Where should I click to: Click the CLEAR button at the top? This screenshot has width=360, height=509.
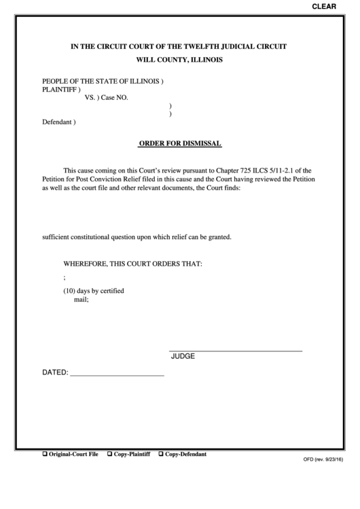point(323,6)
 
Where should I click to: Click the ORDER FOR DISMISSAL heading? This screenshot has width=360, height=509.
point(180,144)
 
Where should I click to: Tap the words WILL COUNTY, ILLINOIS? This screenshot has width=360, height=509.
point(180,60)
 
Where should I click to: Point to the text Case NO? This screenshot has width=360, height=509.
point(115,98)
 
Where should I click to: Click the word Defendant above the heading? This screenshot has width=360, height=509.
point(56,123)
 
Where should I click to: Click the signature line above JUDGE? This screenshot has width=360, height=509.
point(236,350)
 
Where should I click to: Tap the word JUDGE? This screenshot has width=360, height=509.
point(183,356)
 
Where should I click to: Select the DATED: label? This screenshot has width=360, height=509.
point(55,373)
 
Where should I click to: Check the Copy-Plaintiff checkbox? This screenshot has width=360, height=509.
point(110,454)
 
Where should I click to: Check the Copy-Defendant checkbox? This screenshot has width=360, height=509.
point(161,454)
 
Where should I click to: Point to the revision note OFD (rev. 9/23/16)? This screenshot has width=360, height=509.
point(323,459)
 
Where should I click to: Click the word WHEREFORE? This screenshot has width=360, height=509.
point(88,263)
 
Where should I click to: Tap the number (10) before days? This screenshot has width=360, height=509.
point(71,291)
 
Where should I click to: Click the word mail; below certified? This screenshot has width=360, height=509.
point(81,300)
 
